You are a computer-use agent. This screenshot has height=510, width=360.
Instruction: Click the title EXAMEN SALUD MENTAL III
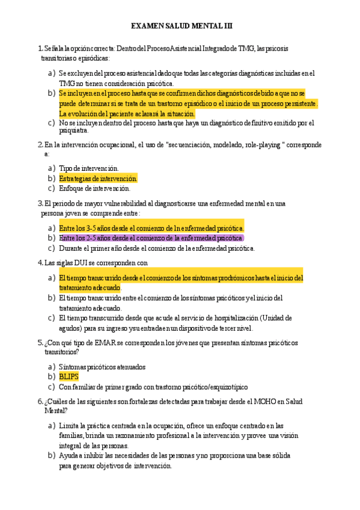(x=182, y=26)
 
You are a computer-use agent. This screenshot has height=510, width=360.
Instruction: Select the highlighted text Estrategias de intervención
(x=98, y=179)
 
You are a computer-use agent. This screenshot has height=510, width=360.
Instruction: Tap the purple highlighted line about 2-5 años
(x=151, y=238)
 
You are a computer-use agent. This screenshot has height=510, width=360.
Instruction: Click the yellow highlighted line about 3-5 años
(x=151, y=228)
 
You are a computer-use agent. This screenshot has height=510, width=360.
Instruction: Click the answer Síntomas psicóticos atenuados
(x=102, y=366)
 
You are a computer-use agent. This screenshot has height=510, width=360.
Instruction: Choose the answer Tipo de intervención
(x=89, y=168)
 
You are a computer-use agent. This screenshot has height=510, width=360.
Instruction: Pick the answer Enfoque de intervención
(x=94, y=189)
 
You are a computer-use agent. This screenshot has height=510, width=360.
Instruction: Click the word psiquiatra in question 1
(x=73, y=130)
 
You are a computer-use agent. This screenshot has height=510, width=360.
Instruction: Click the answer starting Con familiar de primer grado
(x=153, y=387)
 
